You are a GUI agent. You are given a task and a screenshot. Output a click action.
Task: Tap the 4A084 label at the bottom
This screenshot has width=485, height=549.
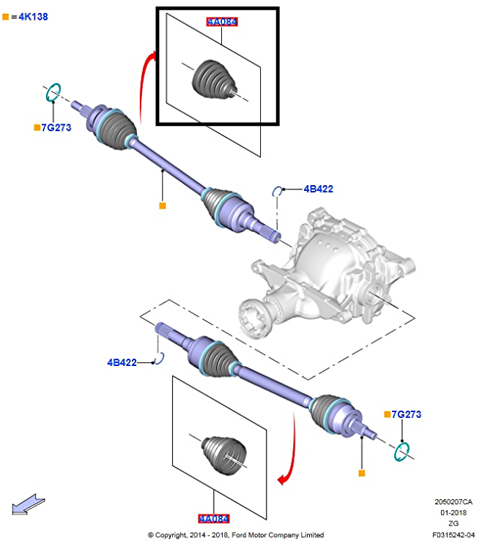[x=213, y=519]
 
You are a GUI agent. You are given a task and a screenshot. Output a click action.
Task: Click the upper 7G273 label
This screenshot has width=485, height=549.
[x=56, y=127]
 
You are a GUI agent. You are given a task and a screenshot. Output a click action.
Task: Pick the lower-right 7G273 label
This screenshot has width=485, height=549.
[x=406, y=414]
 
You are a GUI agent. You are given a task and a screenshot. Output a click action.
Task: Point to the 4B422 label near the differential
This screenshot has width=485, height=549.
[x=319, y=189]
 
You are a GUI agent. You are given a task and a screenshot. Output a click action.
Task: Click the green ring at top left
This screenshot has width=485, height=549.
[x=52, y=93]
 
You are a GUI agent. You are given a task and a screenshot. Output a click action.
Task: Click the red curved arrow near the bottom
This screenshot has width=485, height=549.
[x=289, y=454]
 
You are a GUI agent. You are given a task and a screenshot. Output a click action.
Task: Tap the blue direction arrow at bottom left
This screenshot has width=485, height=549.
[x=28, y=505]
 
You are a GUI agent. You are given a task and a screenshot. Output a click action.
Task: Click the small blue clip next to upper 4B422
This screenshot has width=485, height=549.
[x=278, y=192]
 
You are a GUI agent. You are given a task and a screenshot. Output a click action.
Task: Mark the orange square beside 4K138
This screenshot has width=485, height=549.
[x=6, y=16]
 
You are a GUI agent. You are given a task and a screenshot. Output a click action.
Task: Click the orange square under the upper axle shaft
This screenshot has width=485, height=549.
[x=162, y=206]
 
